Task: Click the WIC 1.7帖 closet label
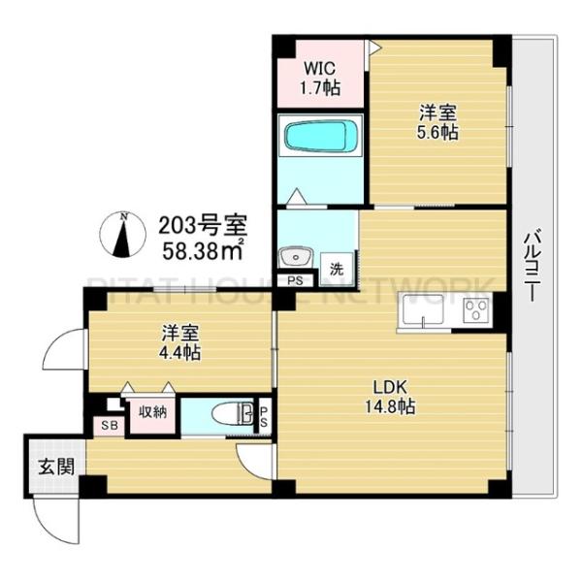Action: [320, 77]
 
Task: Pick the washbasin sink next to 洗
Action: [292, 257]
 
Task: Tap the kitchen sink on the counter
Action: [421, 312]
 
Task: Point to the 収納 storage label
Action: [151, 411]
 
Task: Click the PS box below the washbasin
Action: [295, 280]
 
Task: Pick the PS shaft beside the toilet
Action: [263, 416]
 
